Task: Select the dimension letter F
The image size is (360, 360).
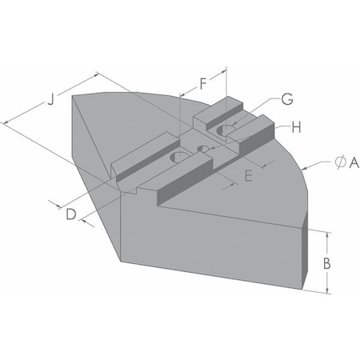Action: [202, 82]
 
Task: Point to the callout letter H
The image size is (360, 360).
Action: [295, 126]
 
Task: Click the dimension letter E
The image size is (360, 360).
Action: [248, 176]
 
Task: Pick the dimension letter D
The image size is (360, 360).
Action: [70, 214]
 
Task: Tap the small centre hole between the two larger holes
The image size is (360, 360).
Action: [203, 149]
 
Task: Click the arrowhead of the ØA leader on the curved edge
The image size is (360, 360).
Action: [306, 170]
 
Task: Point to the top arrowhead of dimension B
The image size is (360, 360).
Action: [328, 234]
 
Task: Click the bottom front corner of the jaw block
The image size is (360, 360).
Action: [120, 261]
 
